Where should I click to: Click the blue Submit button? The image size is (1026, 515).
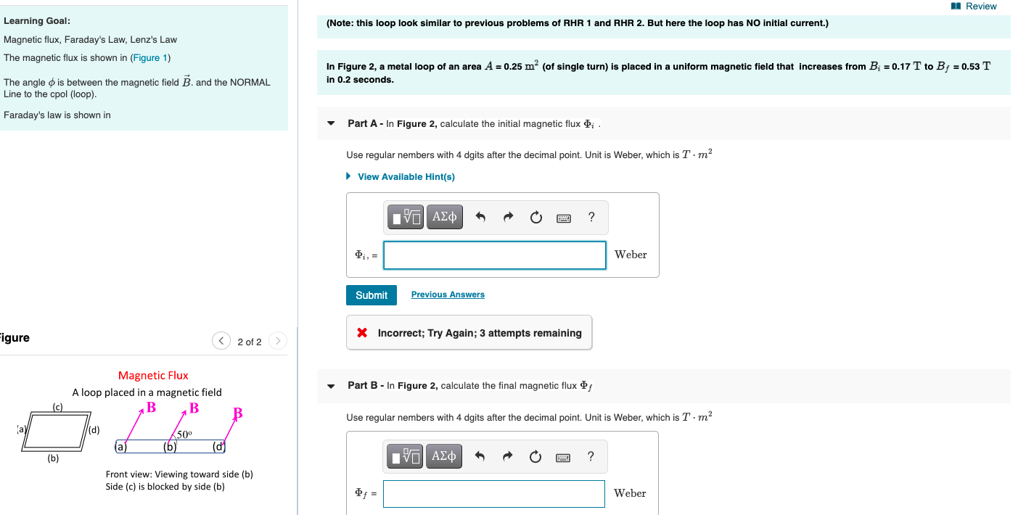coord(372,295)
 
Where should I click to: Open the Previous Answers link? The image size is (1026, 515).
coord(448,294)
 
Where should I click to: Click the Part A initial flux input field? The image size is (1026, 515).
coord(494,255)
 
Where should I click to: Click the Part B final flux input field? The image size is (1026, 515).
coord(493,494)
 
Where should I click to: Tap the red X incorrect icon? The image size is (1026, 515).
coord(361,333)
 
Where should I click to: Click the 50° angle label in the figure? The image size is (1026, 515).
coord(184,434)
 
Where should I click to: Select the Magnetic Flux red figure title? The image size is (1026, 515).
coord(153,376)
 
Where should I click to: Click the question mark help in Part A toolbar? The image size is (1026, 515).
coord(591,217)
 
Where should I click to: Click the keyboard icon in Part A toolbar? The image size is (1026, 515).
coord(564,218)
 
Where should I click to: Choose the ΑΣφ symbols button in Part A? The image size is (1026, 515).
coord(444,217)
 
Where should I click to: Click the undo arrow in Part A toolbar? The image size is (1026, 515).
coord(480,217)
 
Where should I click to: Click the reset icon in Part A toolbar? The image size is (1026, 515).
coord(535,217)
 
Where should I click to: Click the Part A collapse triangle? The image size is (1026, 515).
coord(332,124)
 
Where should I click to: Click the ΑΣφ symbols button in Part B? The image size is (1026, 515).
coord(444,456)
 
